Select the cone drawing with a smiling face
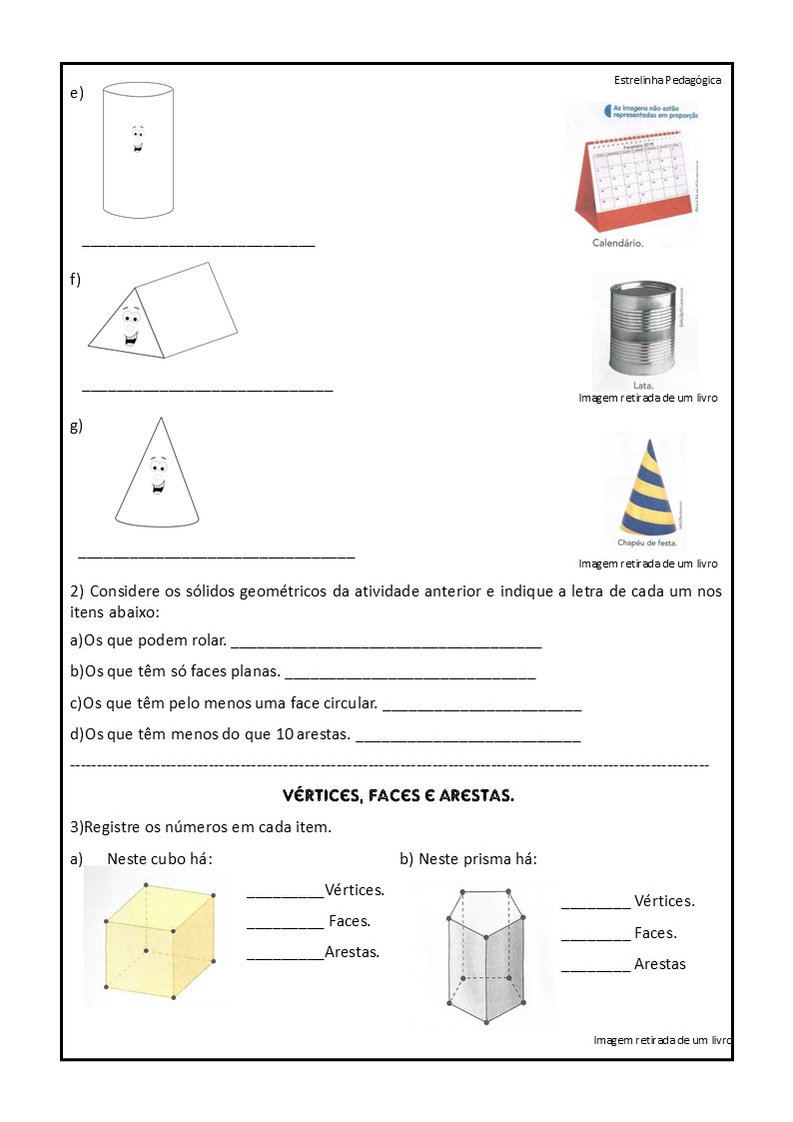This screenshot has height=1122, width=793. pos(157,474)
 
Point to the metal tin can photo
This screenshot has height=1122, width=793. pos(635,330)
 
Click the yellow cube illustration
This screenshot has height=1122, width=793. pos(160,937)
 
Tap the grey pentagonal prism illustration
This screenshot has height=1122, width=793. pos(484,954)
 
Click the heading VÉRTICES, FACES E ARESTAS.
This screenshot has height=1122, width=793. pos(398,796)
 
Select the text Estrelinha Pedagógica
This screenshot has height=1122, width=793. pos(667,81)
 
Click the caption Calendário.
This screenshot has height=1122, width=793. pos(617,243)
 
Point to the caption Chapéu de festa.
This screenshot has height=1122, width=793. pos(647,544)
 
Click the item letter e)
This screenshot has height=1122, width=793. pos(76,93)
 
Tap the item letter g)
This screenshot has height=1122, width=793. pos(76,426)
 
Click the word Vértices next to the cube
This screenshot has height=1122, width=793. pos(355,889)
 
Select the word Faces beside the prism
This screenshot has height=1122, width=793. pos(655,933)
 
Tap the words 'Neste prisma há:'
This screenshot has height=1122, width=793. pos(476,858)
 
